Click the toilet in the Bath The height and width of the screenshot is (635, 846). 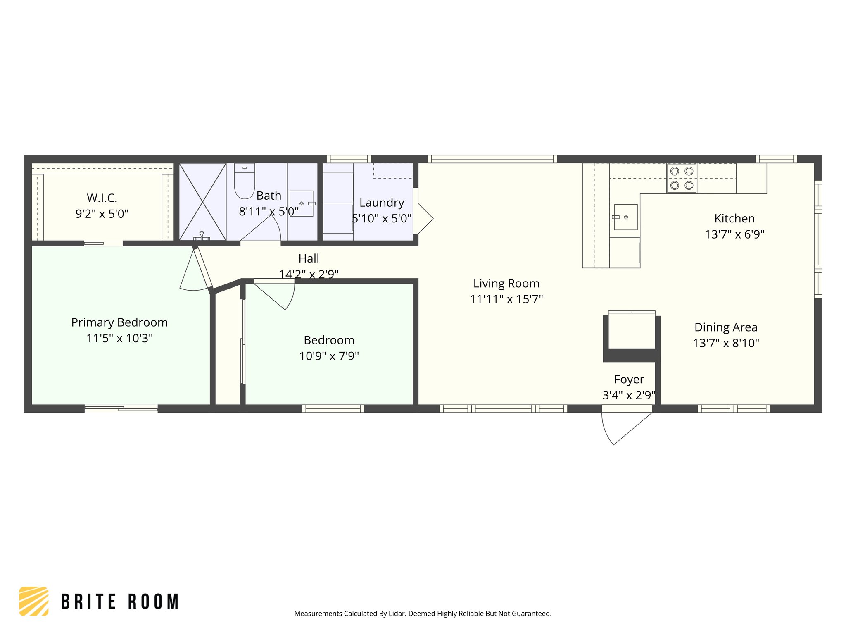[245, 184]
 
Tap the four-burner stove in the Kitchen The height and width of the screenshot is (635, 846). [682, 178]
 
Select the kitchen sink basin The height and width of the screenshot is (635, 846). [625, 217]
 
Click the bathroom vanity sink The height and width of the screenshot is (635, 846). [302, 203]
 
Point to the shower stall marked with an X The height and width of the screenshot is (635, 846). [202, 202]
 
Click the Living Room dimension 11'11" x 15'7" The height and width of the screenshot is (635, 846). [506, 299]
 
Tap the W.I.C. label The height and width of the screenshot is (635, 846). [102, 198]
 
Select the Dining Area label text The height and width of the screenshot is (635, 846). [726, 327]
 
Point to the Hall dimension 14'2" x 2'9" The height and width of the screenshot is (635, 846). [309, 274]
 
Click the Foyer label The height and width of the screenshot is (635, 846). [629, 380]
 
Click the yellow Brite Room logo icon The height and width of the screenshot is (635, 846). [34, 601]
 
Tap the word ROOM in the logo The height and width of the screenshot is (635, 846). [153, 602]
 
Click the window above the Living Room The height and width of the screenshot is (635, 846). [492, 159]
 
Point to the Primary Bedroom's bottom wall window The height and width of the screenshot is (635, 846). [121, 409]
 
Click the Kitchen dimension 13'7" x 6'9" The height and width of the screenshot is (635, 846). [734, 234]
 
